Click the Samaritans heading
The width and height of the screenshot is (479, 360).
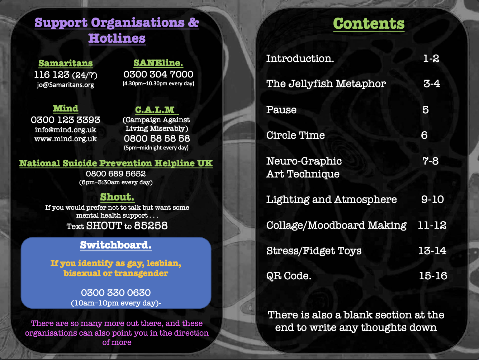pos(66,63)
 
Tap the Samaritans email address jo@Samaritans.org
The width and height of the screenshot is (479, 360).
pos(65,85)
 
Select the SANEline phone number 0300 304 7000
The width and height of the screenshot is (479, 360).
pos(158,74)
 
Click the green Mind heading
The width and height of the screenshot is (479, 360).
pos(66,109)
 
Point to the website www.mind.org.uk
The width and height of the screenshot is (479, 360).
pos(66,139)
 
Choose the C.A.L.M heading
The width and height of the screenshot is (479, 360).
pos(155,110)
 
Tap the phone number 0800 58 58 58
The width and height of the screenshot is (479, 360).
pos(157,138)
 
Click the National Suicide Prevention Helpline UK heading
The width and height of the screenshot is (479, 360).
pos(116,164)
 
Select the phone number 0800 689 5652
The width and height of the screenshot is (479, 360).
pos(116,174)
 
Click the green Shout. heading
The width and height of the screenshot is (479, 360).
pos(117,197)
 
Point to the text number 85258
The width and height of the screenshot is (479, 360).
pos(151,226)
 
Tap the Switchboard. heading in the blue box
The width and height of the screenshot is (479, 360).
pos(116,245)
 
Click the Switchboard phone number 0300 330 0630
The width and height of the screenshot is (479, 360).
pos(116,293)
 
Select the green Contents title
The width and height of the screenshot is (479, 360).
pos(369,24)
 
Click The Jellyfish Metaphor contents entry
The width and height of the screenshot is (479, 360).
pos(326,84)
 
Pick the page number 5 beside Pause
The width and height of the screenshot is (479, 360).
pos(426,110)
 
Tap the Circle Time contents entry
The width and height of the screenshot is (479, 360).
pos(295,135)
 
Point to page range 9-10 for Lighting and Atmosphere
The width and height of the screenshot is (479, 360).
pos(432,199)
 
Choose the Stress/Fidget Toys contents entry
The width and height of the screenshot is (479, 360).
pos(314,251)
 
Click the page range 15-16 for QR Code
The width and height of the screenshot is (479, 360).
pos(433,276)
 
